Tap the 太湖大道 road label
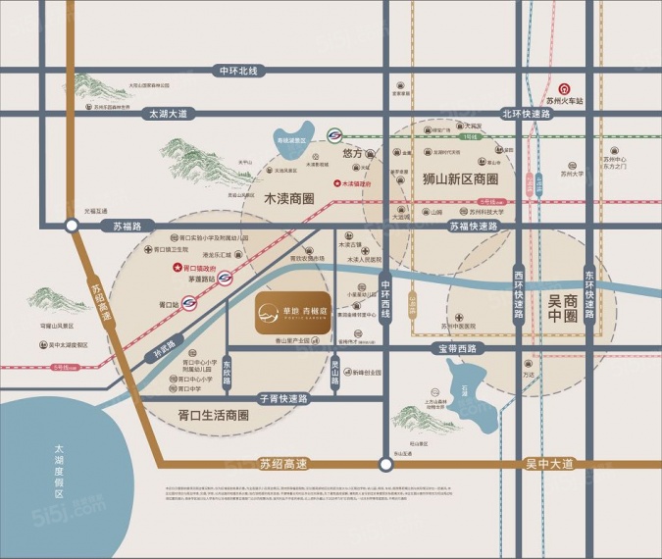(166, 113)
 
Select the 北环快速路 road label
(526, 113)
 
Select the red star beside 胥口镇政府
(178, 267)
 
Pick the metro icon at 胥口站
(186, 305)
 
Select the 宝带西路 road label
(457, 348)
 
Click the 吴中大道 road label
(576, 463)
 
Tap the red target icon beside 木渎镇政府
(337, 183)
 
